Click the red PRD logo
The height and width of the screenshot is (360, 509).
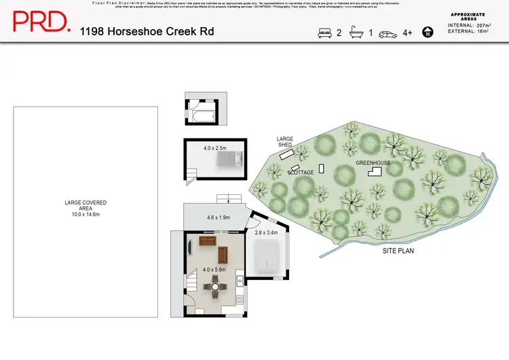pyautogui.click(x=41, y=22)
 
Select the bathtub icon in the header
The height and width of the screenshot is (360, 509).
pyautogui.click(x=357, y=32)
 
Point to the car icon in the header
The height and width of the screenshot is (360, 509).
pyautogui.click(x=388, y=33)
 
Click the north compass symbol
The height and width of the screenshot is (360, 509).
pyautogui.click(x=428, y=32)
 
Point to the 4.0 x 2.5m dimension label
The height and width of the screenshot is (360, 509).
pyautogui.click(x=214, y=147)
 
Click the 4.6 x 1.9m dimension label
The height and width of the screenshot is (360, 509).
pyautogui.click(x=218, y=218)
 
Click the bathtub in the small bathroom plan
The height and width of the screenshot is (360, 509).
pyautogui.click(x=200, y=119)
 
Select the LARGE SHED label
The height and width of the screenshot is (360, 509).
pyautogui.click(x=284, y=141)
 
